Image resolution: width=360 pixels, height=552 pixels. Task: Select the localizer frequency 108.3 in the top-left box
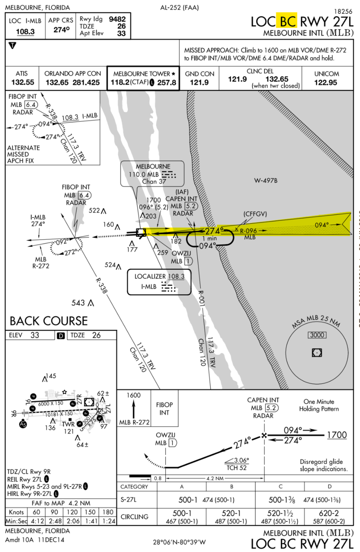(x=25, y=31)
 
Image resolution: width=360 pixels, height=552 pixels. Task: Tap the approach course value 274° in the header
(x=62, y=30)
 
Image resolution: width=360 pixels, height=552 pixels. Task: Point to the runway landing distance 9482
(x=117, y=19)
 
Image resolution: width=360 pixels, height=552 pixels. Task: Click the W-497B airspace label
(x=266, y=180)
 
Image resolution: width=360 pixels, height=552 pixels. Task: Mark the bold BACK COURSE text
(x=49, y=320)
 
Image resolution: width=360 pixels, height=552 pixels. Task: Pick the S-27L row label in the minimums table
(x=128, y=499)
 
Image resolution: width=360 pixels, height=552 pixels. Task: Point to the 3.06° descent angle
(x=240, y=460)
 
